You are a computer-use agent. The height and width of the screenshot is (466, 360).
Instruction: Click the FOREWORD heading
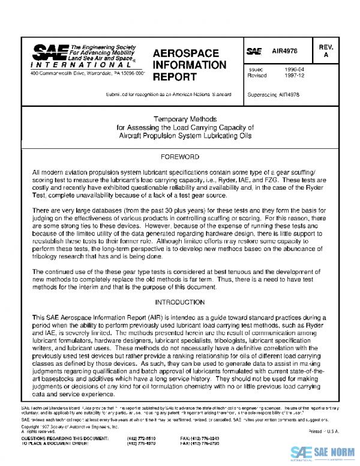(x=180, y=157)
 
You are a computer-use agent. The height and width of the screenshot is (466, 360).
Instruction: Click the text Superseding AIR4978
(x=273, y=94)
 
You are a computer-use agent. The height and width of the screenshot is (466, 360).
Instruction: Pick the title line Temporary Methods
(x=180, y=119)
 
